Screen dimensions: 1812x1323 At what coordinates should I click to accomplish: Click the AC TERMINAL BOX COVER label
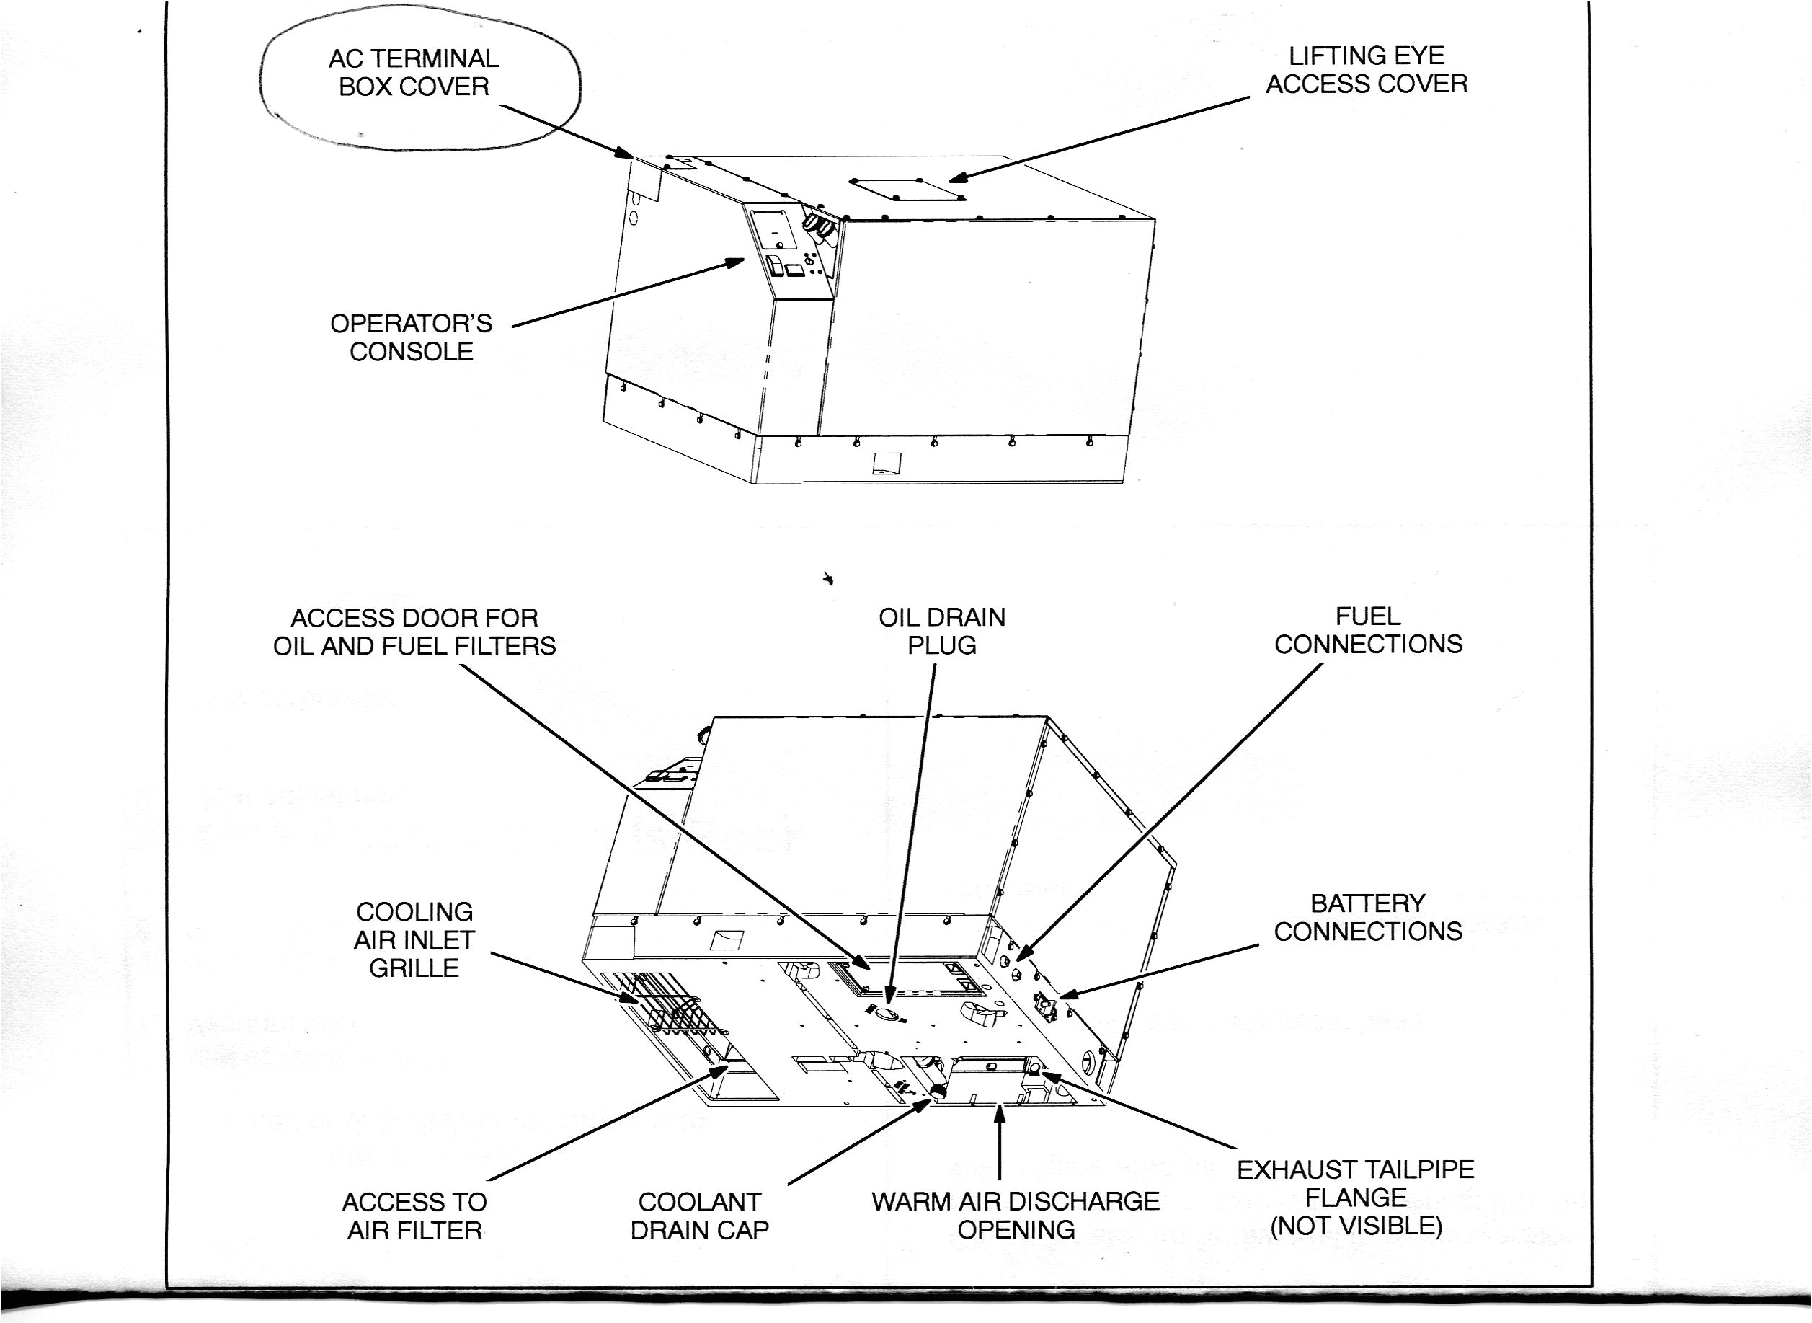(413, 72)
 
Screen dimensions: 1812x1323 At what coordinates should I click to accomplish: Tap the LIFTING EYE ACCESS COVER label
(1366, 70)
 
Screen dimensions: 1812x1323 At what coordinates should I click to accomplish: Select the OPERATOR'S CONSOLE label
(411, 337)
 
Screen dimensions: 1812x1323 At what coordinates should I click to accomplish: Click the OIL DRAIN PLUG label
(941, 631)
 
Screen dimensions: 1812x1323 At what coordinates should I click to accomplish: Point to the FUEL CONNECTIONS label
(1369, 630)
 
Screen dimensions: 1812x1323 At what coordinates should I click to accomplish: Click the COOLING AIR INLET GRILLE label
(414, 939)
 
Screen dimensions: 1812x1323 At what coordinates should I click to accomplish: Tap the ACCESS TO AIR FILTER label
(414, 1216)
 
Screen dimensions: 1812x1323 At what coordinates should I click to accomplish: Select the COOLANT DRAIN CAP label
(699, 1216)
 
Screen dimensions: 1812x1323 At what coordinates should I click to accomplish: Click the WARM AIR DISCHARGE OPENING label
(1016, 1215)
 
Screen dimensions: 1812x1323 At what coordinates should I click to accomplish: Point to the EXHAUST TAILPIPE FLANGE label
(1356, 1198)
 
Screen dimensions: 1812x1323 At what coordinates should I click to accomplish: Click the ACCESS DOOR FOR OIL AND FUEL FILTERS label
(414, 632)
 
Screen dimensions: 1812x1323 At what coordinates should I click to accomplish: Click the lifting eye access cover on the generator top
(908, 190)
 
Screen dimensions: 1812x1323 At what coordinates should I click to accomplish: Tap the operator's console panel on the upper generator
(792, 251)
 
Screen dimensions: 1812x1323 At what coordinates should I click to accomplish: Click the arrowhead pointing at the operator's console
(734, 262)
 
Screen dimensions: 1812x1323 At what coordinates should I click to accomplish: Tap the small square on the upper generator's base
(887, 463)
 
